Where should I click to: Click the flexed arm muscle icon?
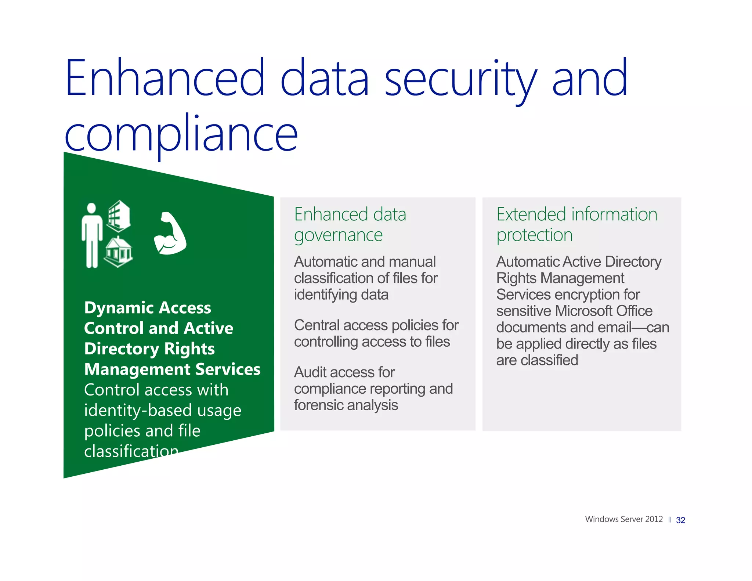click(x=170, y=234)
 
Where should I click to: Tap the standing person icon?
click(x=91, y=235)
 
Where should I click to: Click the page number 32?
click(x=680, y=520)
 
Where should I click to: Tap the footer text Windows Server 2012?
click(x=623, y=519)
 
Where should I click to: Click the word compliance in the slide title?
click(x=181, y=134)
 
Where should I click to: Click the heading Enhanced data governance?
click(x=350, y=224)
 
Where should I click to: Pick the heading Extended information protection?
click(x=576, y=224)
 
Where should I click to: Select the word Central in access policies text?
click(x=317, y=325)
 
